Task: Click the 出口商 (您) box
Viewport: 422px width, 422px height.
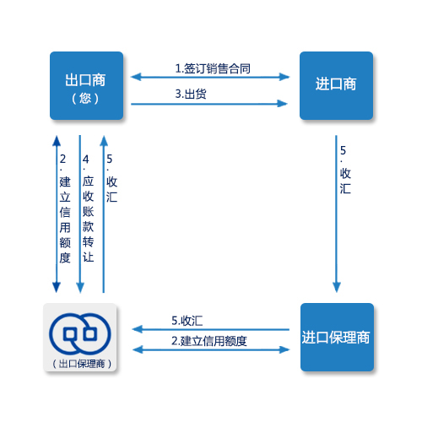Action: tap(86, 85)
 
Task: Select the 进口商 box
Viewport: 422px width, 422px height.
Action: tap(336, 85)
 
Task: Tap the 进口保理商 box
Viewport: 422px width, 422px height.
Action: tap(337, 337)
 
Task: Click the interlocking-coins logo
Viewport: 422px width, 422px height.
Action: tap(80, 333)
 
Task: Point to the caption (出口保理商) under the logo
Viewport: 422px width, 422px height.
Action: tap(82, 364)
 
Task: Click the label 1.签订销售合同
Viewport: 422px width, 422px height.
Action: tap(213, 68)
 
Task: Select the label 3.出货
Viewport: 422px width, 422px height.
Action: tap(191, 94)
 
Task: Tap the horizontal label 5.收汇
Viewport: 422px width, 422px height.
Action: tap(187, 321)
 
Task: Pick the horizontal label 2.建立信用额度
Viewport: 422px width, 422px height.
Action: tap(209, 341)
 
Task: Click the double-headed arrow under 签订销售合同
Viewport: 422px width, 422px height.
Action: tap(210, 77)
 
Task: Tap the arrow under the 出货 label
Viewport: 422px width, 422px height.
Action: tap(209, 104)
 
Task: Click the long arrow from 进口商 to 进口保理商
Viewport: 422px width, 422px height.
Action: tap(336, 214)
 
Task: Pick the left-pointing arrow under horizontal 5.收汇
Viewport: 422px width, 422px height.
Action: tap(210, 329)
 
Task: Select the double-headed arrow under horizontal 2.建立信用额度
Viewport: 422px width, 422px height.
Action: tap(211, 349)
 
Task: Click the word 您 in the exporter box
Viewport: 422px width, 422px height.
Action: tap(85, 99)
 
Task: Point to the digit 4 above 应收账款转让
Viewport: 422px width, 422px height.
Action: tap(86, 160)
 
